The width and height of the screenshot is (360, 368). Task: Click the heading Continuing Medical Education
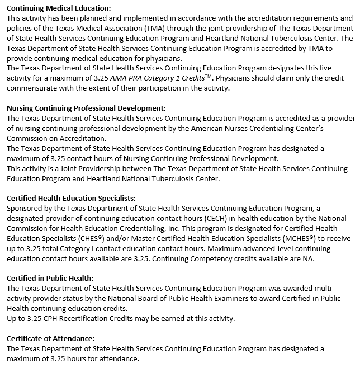(59, 8)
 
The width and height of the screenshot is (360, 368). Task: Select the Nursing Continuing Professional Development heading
(86, 108)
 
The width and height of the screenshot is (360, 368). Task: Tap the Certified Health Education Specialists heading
(71, 198)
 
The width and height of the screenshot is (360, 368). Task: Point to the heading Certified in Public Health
(50, 278)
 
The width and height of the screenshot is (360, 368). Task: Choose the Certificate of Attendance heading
(50, 338)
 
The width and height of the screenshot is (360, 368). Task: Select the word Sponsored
(26, 208)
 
